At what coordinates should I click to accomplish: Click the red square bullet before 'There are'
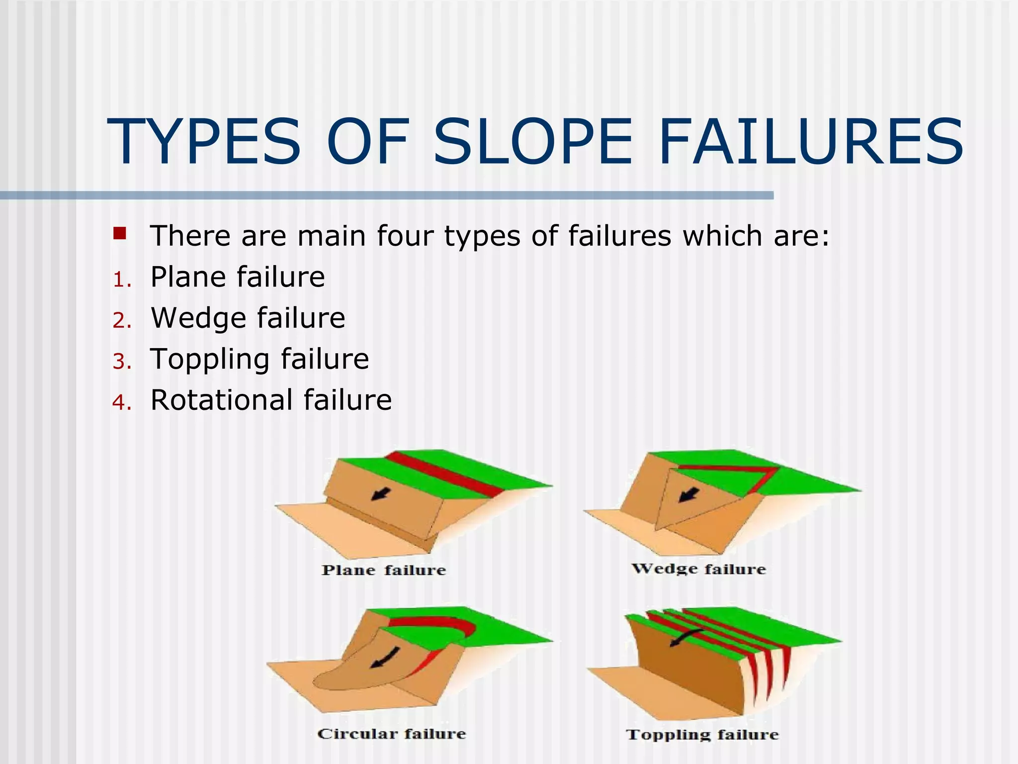[x=120, y=233]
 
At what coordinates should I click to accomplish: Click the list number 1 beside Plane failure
[x=121, y=280]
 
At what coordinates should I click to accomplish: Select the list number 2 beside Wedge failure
[x=122, y=321]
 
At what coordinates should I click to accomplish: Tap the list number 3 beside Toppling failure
[x=122, y=362]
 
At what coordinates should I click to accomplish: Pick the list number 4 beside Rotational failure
[x=122, y=402]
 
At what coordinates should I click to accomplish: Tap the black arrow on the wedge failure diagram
[x=689, y=495]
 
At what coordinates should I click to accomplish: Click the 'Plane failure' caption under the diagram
[x=384, y=570]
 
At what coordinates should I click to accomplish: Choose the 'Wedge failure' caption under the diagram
[x=698, y=569]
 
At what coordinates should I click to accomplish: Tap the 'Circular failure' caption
[x=392, y=734]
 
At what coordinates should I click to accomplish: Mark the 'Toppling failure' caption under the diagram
[x=702, y=735]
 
